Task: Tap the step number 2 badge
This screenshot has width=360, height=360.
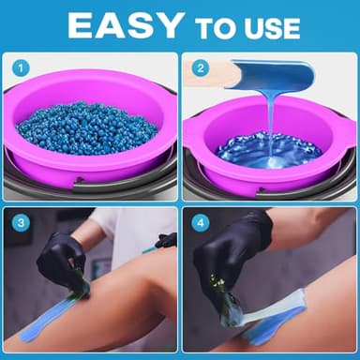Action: [x=199, y=68]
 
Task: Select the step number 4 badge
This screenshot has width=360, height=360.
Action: [x=199, y=224]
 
